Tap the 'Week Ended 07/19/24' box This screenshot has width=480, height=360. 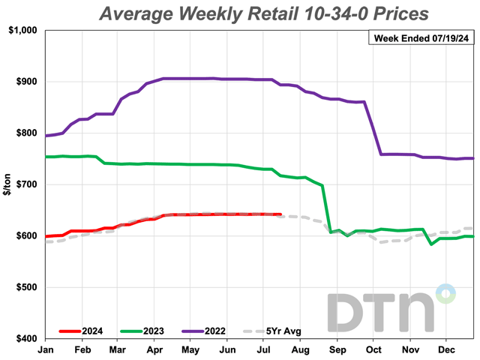421,39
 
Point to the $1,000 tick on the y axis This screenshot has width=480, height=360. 24,30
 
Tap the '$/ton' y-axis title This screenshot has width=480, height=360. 7,184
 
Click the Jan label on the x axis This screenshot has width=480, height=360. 46,349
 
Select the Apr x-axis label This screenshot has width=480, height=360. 154,349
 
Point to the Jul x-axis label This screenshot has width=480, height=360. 264,349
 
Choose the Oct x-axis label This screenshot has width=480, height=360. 374,349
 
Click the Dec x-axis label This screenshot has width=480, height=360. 447,349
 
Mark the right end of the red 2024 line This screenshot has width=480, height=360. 280,214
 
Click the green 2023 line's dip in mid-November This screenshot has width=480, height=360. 430,244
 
